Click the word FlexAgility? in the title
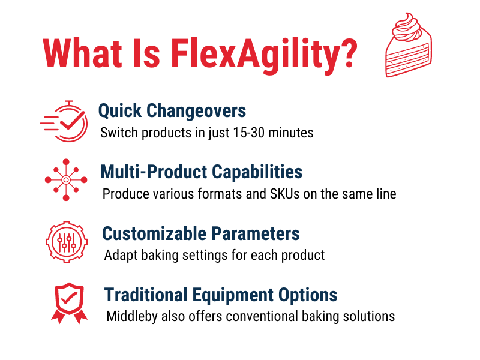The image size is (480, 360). pos(263,55)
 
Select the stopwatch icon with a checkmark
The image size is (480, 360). pos(64,121)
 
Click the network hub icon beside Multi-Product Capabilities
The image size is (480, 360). pos(66,179)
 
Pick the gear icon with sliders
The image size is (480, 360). pos(67,242)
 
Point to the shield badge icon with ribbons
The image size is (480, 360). pos(69,303)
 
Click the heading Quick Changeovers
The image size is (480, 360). pos(172,111)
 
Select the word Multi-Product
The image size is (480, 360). pos(155,172)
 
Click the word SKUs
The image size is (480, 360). pos(284,194)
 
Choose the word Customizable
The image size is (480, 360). pos(155,233)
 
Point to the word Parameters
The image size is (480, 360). pos(256,233)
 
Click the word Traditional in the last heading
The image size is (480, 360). pos(146,295)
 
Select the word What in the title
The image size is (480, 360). pos(82,53)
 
